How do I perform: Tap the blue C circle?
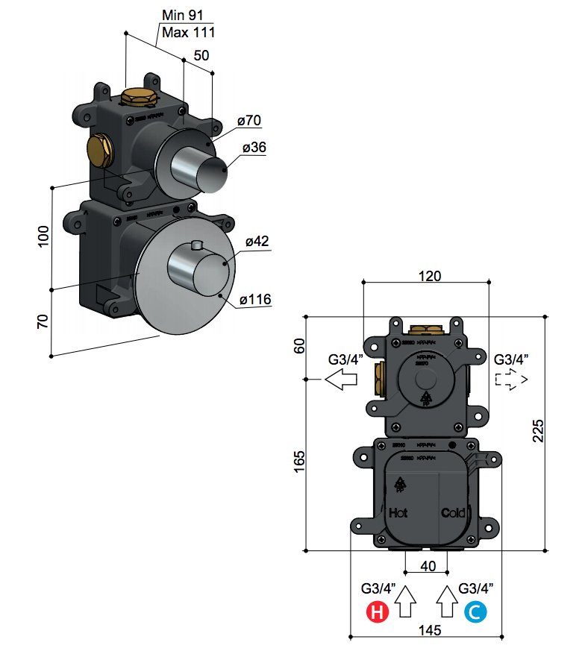475,613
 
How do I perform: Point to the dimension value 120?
429,275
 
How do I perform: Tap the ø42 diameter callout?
257,242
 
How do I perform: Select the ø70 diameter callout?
248,120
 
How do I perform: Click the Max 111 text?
187,32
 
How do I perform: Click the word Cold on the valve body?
452,513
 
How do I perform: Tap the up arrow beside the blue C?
447,601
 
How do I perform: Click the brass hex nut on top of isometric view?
137,97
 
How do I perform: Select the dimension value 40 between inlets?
428,566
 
